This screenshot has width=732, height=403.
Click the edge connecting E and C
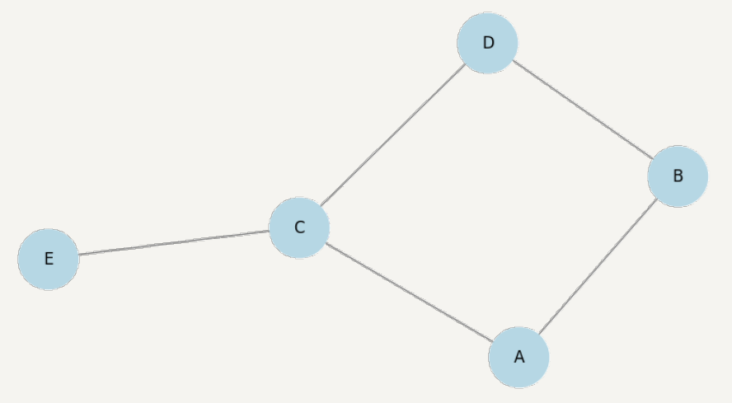[x=174, y=243]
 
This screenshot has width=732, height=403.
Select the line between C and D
[x=393, y=134]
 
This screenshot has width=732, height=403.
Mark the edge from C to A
[x=409, y=293]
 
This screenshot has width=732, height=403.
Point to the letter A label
[x=518, y=357]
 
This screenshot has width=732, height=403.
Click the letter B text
[x=678, y=176]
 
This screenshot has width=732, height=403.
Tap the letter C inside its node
[x=299, y=227]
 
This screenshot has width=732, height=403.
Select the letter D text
[x=488, y=43]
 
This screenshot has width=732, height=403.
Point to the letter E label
[x=49, y=259]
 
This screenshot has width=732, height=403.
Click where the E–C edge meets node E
[x=79, y=255]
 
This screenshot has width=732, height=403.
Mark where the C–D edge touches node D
[x=467, y=64]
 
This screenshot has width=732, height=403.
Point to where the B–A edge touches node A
[x=538, y=334]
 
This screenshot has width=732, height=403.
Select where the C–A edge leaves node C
[x=326, y=242]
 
